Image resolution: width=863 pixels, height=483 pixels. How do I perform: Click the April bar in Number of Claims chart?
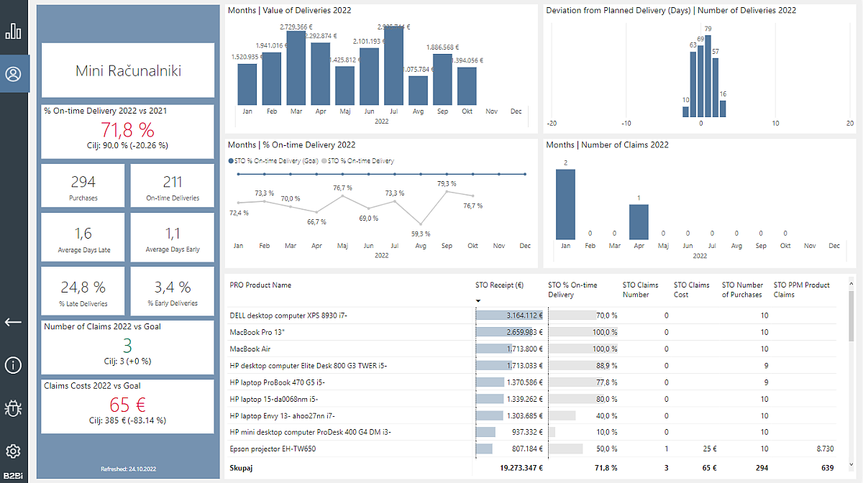[639, 222]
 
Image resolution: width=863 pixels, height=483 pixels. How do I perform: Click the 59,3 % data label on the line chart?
[421, 234]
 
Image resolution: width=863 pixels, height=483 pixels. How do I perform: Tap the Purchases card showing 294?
[83, 186]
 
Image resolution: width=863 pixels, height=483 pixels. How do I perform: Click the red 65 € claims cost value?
[127, 405]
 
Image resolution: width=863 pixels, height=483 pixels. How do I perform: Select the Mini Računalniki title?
[128, 70]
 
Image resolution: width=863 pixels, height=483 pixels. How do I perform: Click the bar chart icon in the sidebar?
[14, 32]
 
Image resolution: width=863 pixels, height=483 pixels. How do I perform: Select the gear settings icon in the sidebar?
[14, 451]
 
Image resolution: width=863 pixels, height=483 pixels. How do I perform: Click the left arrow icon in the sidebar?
[14, 322]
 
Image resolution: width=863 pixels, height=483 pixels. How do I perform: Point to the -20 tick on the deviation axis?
[552, 123]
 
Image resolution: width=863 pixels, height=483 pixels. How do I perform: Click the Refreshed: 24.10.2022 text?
[128, 469]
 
